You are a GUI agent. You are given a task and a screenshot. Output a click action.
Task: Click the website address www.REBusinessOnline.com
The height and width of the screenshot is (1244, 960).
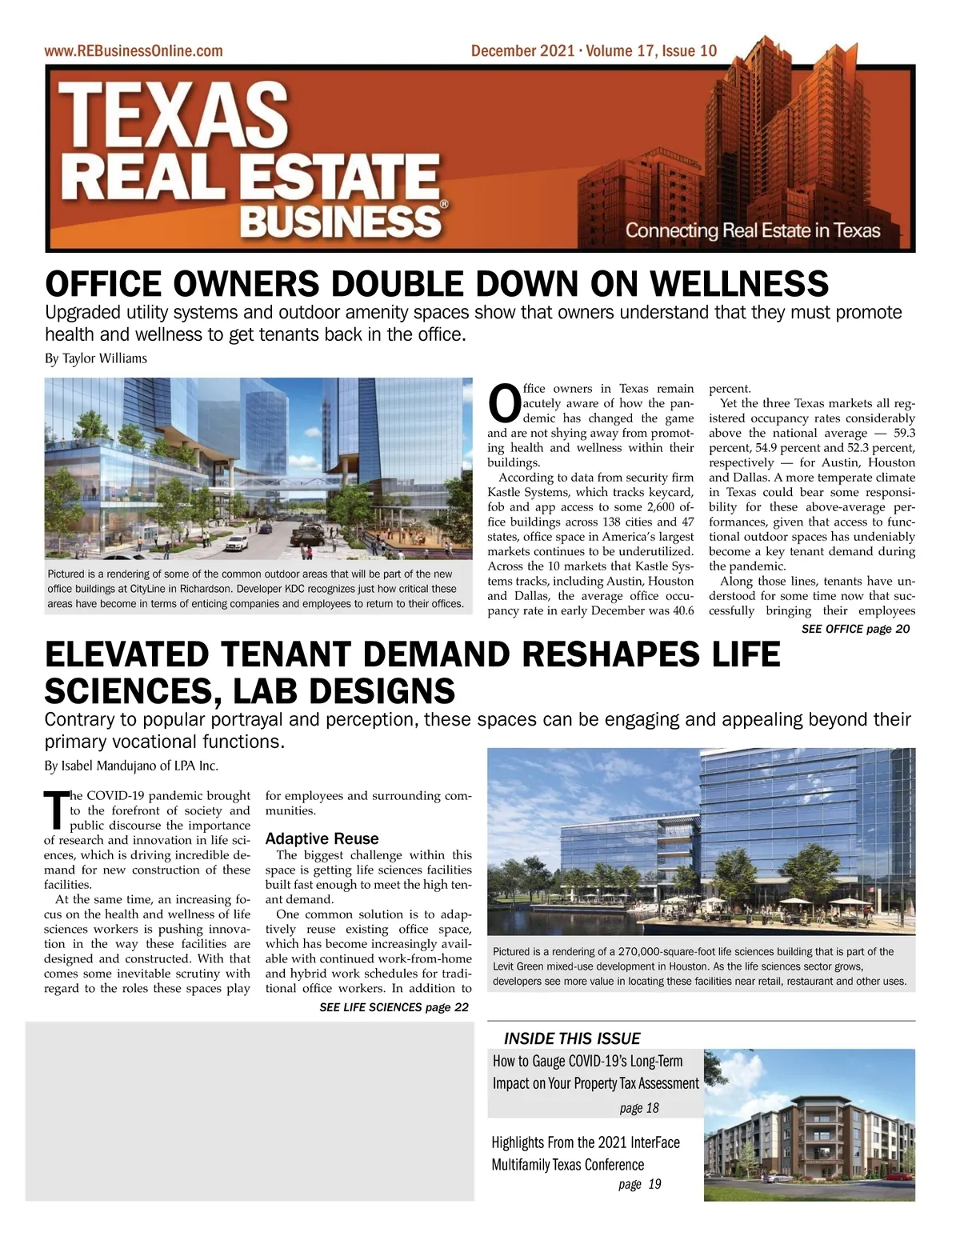[134, 51]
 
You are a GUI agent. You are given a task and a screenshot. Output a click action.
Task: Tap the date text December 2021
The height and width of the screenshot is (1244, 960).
[522, 51]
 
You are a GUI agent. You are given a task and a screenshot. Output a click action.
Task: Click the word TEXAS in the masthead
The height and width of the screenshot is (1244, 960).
[173, 113]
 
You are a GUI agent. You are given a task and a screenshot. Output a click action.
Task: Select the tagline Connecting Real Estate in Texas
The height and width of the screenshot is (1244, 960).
[752, 231]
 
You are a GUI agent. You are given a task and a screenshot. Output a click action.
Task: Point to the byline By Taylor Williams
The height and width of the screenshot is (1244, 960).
[96, 358]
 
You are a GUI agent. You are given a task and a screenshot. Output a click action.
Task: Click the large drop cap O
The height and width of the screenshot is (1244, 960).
[504, 404]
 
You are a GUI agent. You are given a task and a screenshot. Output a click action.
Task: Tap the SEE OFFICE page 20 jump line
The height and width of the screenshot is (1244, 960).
[855, 629]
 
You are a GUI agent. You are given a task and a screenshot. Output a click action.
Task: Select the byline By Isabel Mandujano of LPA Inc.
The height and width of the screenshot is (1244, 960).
[131, 766]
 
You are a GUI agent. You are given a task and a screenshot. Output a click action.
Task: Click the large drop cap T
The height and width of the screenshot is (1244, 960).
[55, 810]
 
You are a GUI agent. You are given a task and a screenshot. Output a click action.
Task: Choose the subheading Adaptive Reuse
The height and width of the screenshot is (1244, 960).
[322, 838]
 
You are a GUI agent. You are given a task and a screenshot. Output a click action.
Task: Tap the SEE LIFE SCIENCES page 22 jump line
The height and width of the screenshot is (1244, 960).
[394, 1007]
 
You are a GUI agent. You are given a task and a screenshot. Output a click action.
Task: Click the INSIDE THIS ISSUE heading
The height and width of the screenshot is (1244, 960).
[572, 1038]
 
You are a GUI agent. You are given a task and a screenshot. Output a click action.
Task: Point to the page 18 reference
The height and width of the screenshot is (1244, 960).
[639, 1108]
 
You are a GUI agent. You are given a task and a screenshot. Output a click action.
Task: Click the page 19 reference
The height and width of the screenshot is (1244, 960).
[640, 1184]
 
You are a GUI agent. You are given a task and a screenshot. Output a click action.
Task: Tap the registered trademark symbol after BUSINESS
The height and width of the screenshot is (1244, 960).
[445, 204]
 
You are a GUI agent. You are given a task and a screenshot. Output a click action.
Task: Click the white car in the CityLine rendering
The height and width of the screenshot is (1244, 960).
[237, 543]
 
